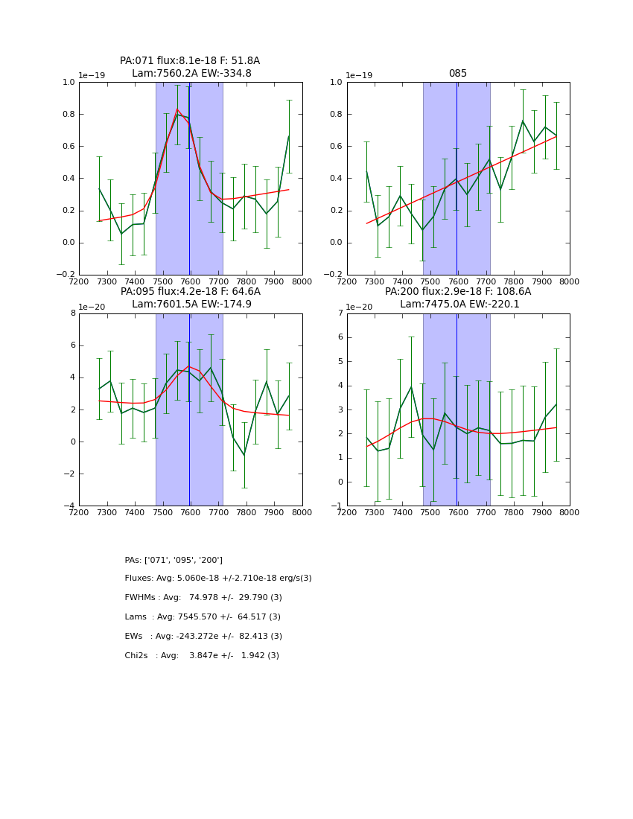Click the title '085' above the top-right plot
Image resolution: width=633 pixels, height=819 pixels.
coord(457,74)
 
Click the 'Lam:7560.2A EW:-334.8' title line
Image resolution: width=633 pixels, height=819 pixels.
coord(191,74)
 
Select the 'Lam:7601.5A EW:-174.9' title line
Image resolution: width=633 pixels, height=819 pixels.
coord(191,305)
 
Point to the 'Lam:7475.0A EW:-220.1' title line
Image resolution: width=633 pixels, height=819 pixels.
coord(459,305)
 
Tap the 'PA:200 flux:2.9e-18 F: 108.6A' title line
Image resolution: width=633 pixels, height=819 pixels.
coord(458,292)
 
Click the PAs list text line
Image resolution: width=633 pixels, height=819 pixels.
coord(174,560)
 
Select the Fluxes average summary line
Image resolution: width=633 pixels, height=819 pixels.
coord(218,579)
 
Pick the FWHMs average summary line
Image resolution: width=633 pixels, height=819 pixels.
coord(203,598)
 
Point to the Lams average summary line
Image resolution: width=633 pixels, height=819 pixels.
coord(203,617)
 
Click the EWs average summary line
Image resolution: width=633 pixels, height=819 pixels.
coord(203,637)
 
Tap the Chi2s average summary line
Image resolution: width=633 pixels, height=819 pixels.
coord(202,656)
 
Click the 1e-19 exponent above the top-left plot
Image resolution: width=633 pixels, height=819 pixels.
coord(92,75)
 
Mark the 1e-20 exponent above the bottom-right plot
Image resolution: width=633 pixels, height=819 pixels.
coord(359,307)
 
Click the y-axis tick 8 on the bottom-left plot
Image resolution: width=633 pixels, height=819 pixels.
coord(73,313)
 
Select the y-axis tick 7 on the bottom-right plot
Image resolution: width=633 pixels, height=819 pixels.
coord(340,313)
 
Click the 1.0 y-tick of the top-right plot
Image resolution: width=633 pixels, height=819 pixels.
coord(337,82)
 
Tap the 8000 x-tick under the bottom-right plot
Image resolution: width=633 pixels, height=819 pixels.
coord(569,512)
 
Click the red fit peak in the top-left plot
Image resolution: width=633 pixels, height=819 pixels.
coord(177,109)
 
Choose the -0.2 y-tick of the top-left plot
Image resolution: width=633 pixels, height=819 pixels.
coord(66,275)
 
